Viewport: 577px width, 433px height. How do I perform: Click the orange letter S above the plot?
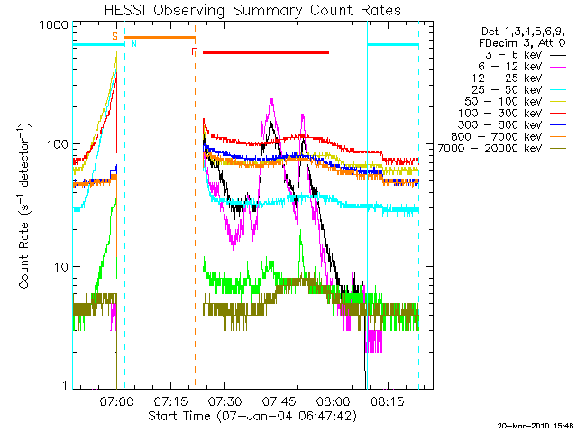click(114, 35)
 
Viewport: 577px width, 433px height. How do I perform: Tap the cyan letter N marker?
click(134, 43)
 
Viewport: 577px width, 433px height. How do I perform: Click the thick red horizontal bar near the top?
click(266, 52)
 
